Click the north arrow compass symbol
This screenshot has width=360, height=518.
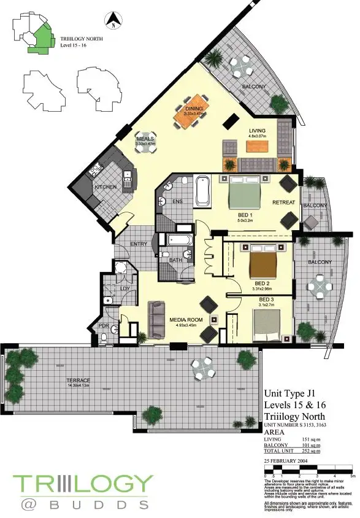[x=113, y=21]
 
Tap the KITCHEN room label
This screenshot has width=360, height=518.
[x=105, y=187]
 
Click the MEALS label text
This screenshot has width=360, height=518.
[x=145, y=139]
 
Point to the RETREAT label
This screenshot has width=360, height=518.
[x=283, y=203]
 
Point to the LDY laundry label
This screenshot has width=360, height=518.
[x=124, y=288]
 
